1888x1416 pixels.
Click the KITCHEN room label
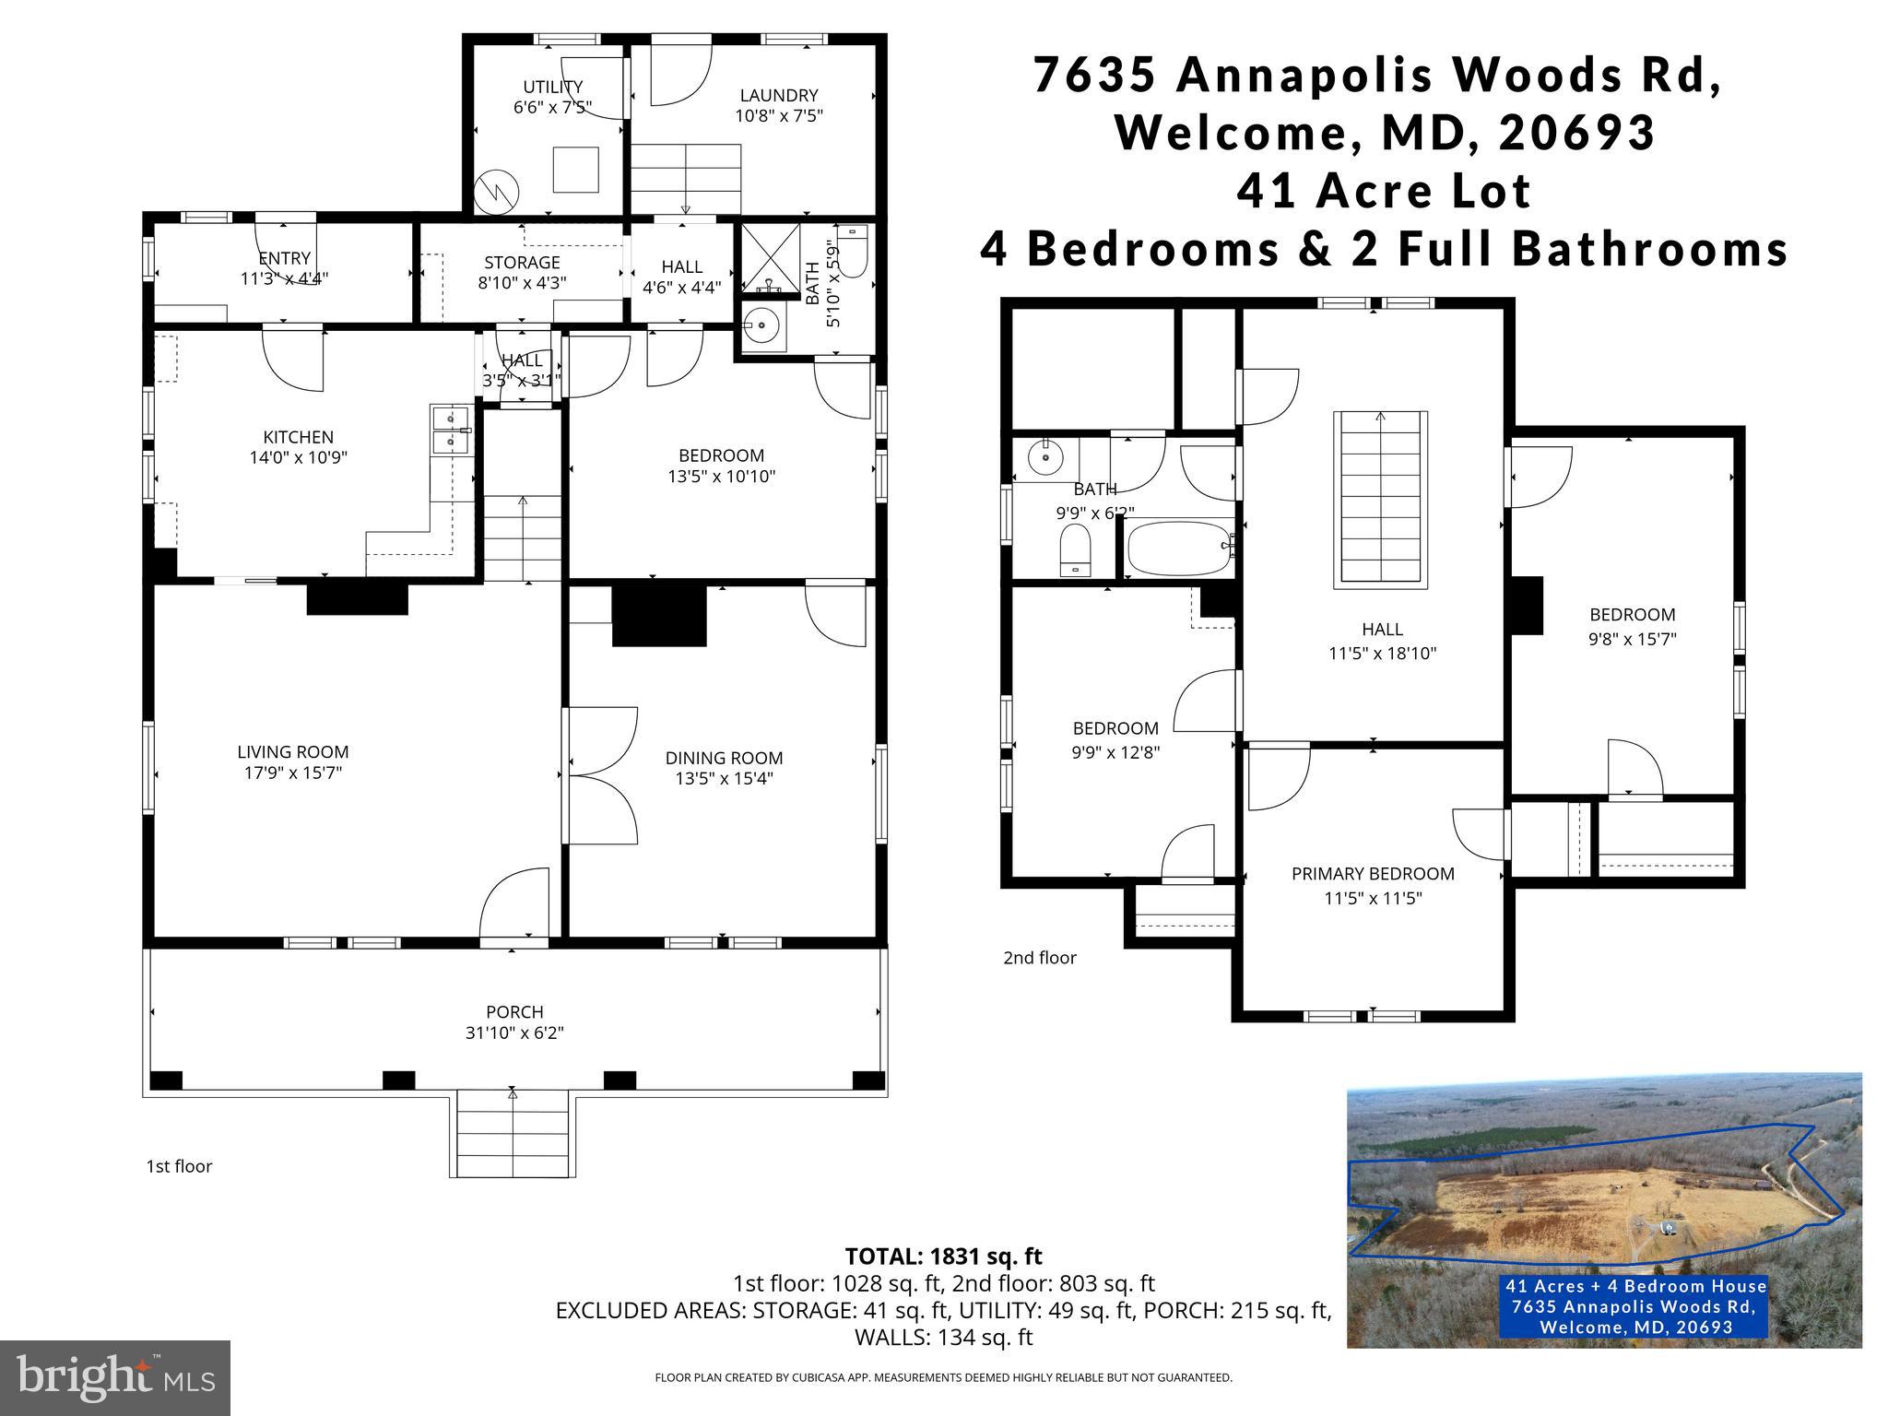tap(298, 437)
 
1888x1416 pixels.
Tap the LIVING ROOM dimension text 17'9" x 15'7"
tap(292, 773)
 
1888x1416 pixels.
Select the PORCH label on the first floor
tap(514, 1011)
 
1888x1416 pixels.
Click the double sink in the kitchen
tap(450, 431)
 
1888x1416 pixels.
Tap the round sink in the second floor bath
tap(1046, 454)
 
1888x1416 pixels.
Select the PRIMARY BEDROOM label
tap(1373, 874)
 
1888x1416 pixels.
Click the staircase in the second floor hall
tap(1380, 498)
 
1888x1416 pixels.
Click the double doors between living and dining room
tap(602, 775)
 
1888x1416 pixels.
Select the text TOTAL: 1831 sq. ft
tap(943, 1257)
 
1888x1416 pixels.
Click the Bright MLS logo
tap(115, 1377)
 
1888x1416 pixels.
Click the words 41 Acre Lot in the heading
tap(1384, 192)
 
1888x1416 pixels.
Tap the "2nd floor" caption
tap(1039, 958)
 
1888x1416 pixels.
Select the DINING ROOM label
tap(724, 758)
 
